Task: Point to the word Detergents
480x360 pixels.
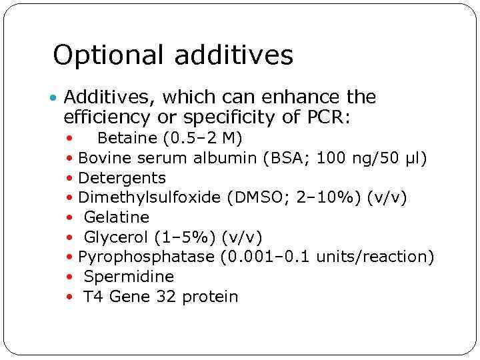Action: pyautogui.click(x=122, y=178)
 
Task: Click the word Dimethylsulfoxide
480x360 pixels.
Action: pyautogui.click(x=150, y=197)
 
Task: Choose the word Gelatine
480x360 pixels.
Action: pyautogui.click(x=116, y=217)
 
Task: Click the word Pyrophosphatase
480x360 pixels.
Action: pyautogui.click(x=146, y=257)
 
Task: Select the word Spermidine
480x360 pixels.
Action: pyautogui.click(x=129, y=277)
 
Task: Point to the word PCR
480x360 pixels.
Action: pyautogui.click(x=329, y=119)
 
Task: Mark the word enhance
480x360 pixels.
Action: pyautogui.click(x=297, y=98)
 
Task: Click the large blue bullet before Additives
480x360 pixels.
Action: pyautogui.click(x=54, y=99)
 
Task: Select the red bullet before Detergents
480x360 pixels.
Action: pyautogui.click(x=70, y=179)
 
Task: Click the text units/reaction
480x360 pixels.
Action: pyautogui.click(x=375, y=257)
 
